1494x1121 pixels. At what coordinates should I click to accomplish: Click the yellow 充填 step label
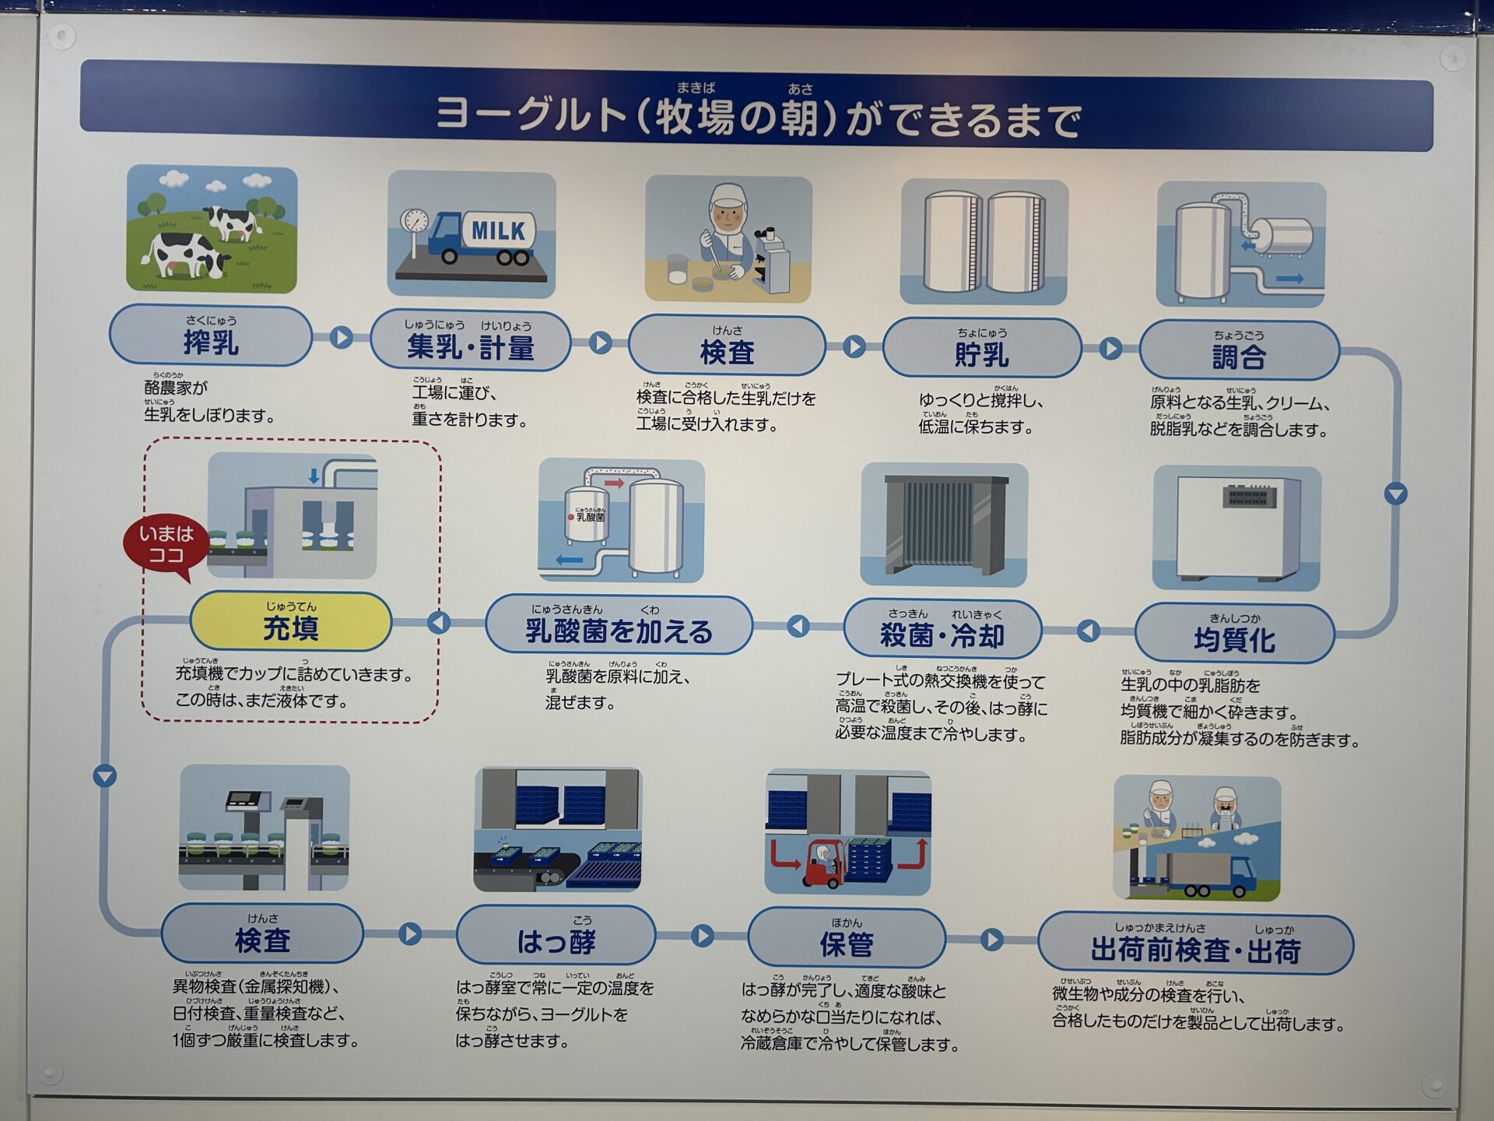[x=290, y=622]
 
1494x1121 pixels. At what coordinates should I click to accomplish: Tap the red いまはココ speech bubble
[x=165, y=545]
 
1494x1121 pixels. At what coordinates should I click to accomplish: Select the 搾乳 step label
[x=210, y=336]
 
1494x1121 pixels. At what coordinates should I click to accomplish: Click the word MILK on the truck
[x=498, y=230]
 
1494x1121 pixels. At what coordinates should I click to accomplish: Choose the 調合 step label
[x=1239, y=351]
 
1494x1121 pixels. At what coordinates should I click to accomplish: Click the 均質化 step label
[x=1234, y=634]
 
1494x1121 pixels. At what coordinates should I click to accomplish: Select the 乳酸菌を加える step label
[x=619, y=624]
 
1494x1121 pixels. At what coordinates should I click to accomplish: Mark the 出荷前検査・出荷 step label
[x=1195, y=944]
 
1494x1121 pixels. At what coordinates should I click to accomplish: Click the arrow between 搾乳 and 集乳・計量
[x=341, y=338]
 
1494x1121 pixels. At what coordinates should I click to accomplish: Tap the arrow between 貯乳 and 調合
[x=1110, y=348]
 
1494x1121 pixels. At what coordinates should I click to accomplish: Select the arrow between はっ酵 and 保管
[x=702, y=936]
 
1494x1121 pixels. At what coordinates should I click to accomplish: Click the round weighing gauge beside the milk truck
[x=415, y=220]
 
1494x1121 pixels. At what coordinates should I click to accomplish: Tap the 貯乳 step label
[x=981, y=349]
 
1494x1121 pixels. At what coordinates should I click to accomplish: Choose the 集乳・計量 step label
[x=470, y=342]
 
